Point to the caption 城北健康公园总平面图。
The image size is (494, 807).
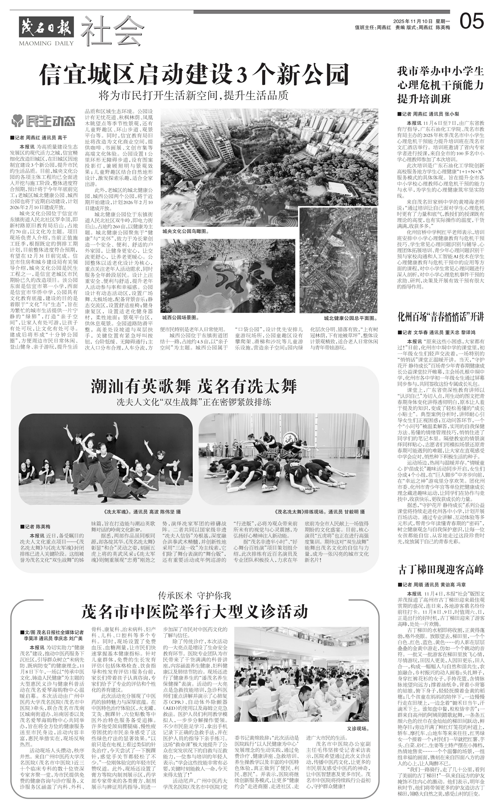tap(350, 318)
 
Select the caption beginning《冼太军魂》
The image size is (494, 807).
tap(142, 511)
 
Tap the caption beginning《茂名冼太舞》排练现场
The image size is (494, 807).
tap(320, 511)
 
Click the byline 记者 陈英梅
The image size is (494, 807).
tap(35, 526)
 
